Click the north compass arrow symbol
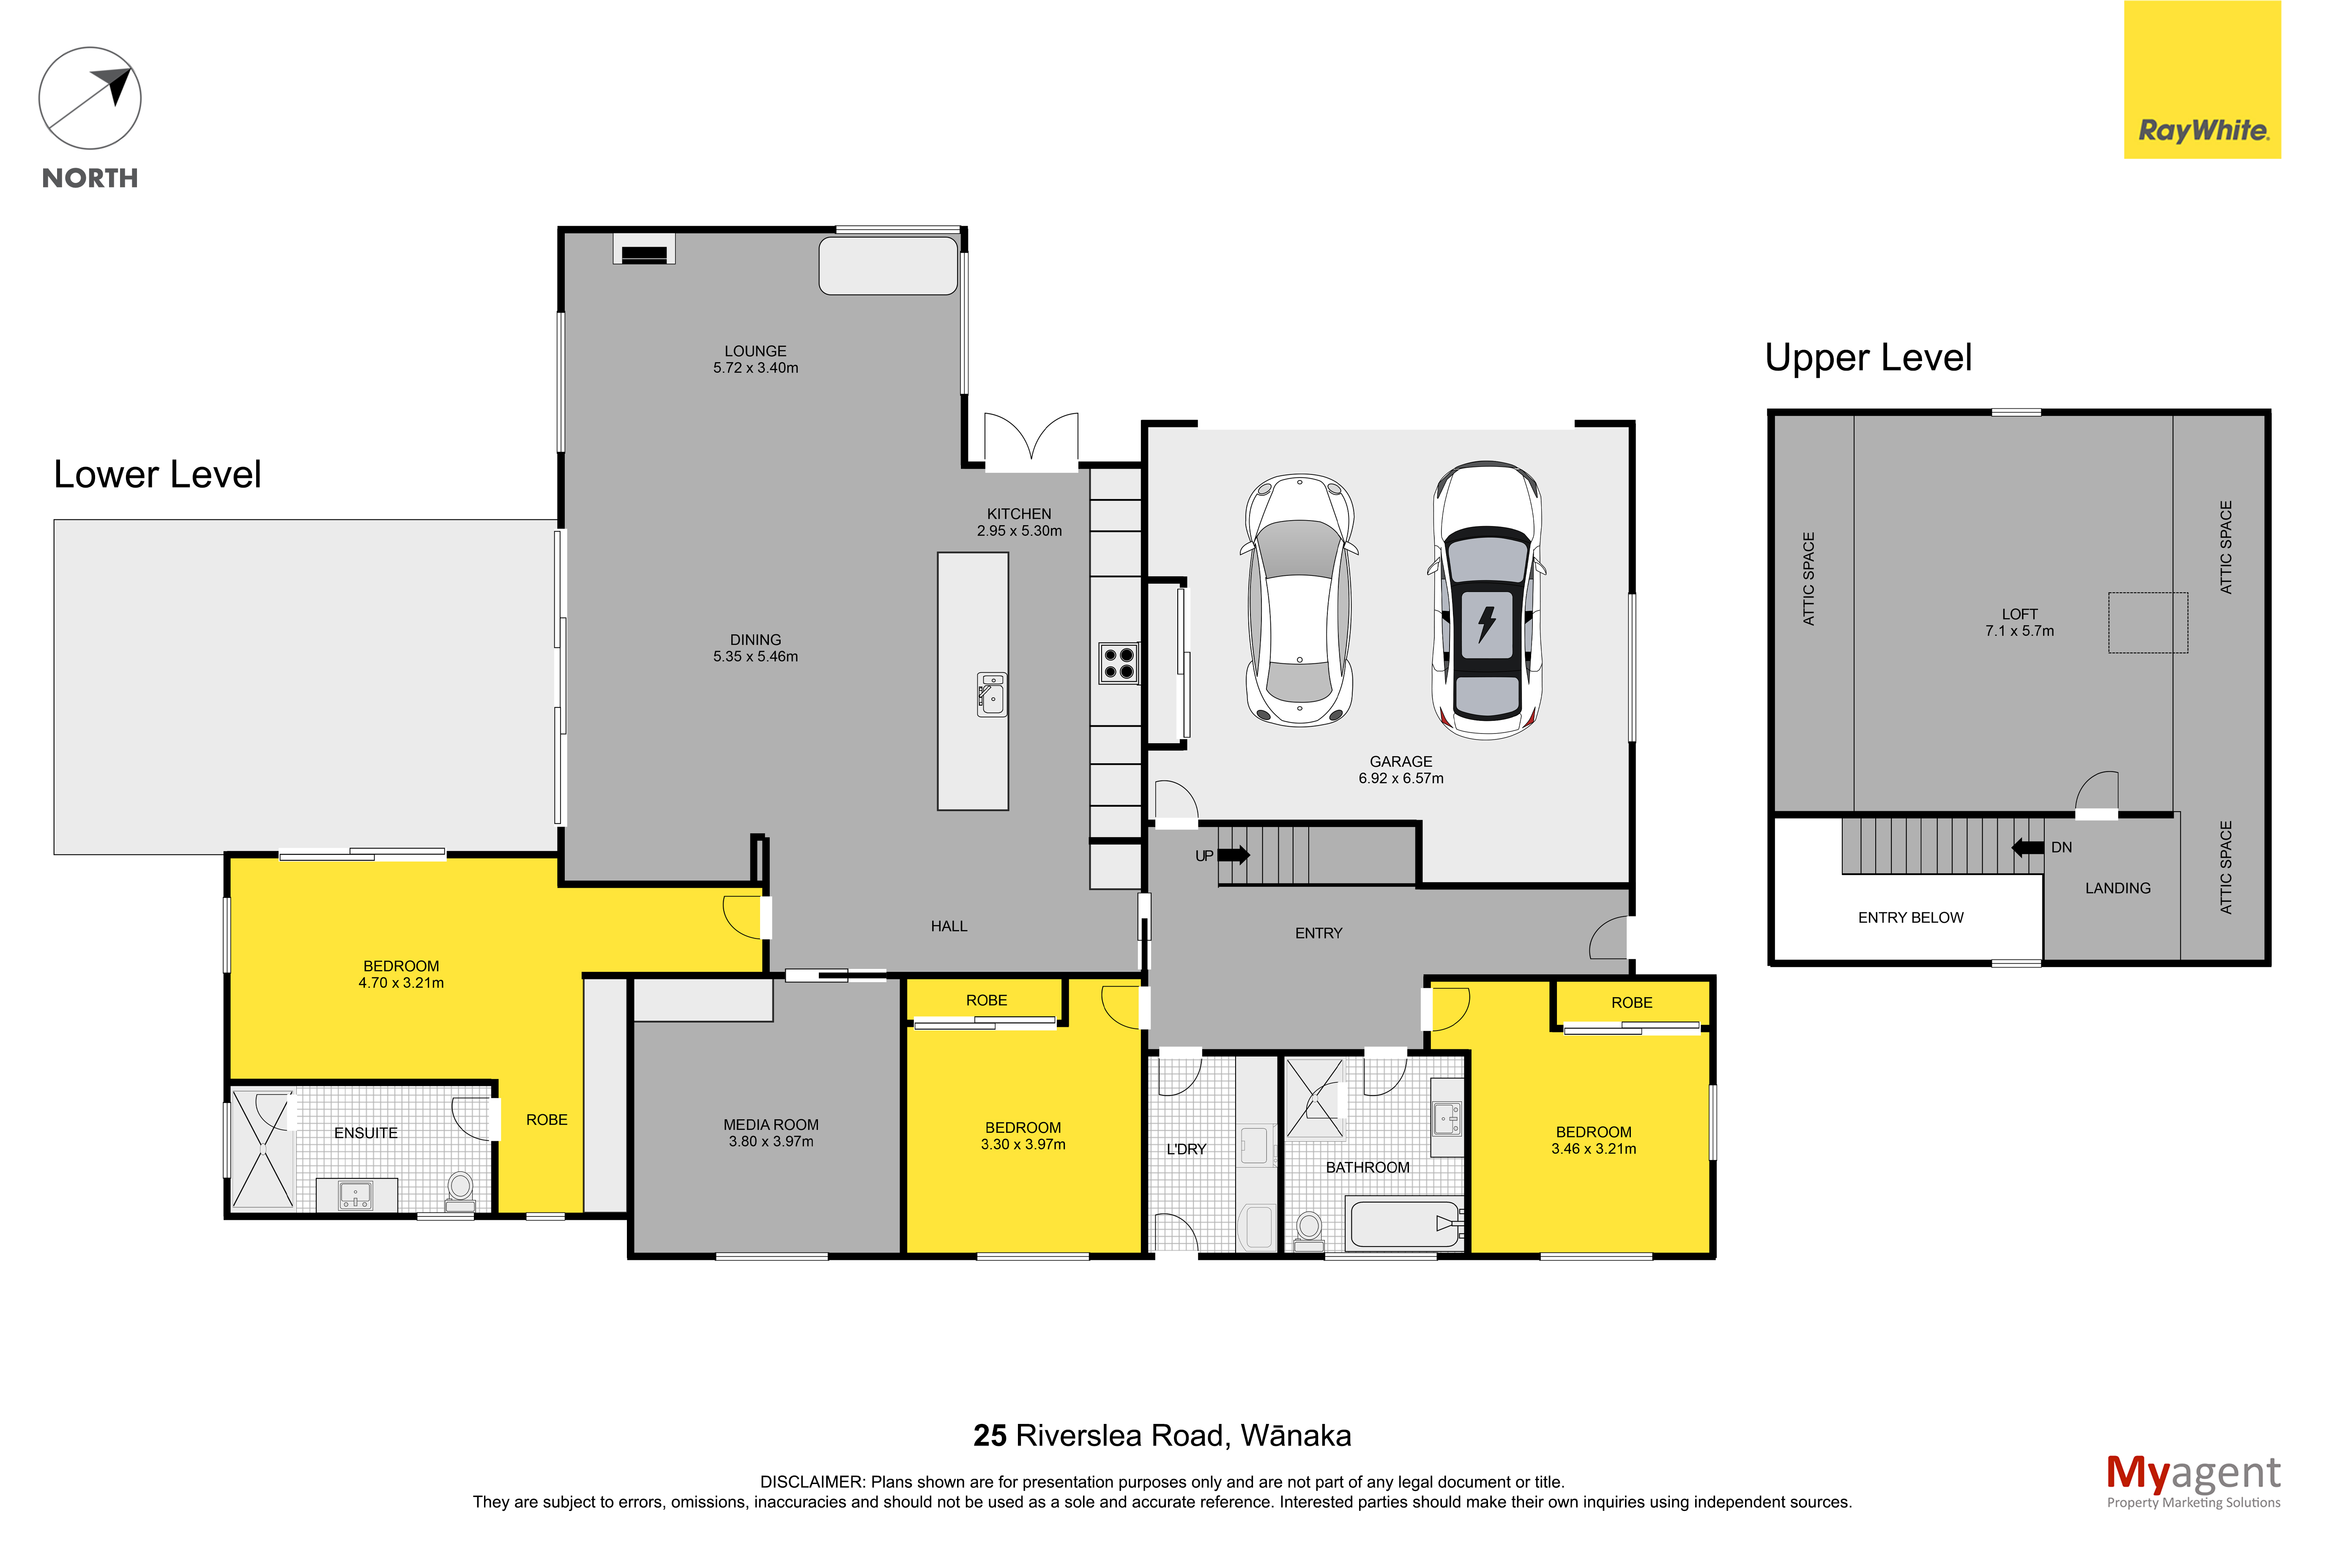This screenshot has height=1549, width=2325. (x=90, y=99)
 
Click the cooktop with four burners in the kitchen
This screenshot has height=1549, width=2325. (x=1119, y=663)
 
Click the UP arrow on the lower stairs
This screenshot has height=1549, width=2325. (x=1233, y=854)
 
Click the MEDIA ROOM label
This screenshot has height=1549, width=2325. (x=771, y=1125)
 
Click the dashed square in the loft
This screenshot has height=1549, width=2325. (x=2148, y=622)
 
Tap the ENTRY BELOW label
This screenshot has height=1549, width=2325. (x=1911, y=918)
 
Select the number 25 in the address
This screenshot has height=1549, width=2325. (x=990, y=1435)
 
